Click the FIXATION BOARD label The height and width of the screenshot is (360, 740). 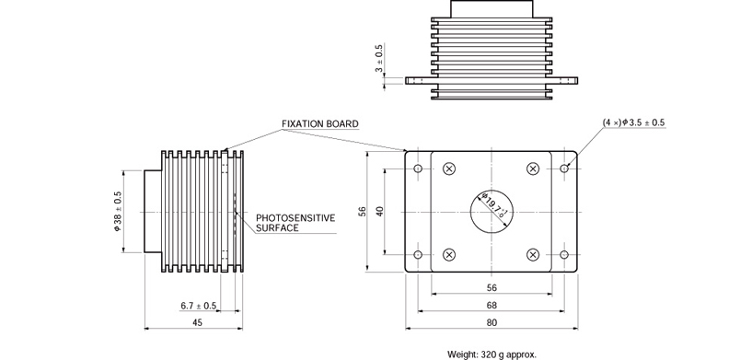point(320,123)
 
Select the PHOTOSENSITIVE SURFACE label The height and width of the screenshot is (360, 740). point(295,223)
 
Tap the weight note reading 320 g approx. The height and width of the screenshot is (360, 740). point(491,354)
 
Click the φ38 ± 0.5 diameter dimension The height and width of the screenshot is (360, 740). point(118,211)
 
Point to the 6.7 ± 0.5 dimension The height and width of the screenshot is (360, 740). point(198,306)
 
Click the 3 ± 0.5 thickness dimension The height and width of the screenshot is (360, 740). point(379,59)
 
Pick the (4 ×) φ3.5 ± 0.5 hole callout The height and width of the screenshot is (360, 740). point(633,122)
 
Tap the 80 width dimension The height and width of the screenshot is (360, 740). point(491,323)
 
